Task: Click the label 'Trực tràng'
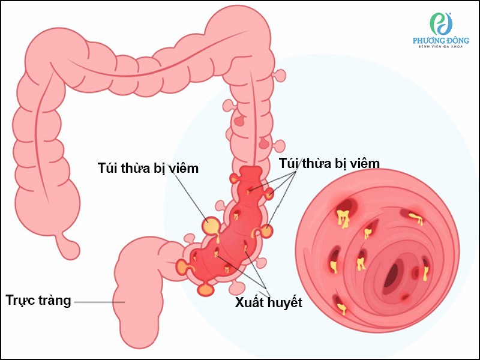click(38, 300)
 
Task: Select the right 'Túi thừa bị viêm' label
click(329, 163)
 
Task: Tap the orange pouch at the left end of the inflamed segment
click(181, 266)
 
